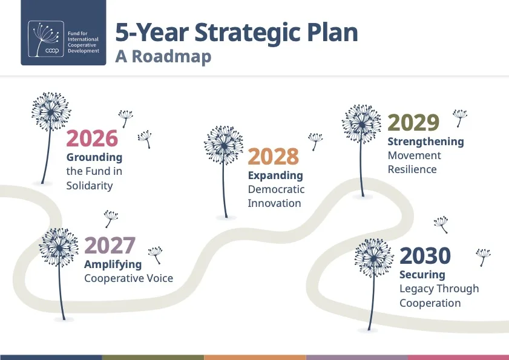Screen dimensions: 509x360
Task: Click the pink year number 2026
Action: pos(92,139)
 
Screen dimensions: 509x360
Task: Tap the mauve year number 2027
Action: pos(110,246)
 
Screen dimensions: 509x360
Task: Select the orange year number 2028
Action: pos(274,157)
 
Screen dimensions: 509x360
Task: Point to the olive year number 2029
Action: pos(413,123)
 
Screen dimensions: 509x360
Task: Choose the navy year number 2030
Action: pos(425,256)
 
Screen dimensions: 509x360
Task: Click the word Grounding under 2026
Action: pos(94,157)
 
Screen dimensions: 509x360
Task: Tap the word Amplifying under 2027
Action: pos(113,264)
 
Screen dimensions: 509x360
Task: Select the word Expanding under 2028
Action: pos(275,175)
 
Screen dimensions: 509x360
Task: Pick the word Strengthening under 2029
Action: pos(426,142)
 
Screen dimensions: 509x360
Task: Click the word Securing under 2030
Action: pos(422,275)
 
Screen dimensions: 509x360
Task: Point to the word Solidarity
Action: pos(90,186)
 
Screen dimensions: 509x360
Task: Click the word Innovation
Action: pos(274,203)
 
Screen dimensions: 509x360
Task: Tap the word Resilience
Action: pos(412,169)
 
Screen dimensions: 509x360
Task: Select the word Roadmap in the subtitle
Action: pos(172,56)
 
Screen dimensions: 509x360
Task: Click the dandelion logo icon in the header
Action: pos(46,39)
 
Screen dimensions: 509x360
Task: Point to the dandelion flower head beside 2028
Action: pos(224,145)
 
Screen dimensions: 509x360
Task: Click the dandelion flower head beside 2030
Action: pos(374,258)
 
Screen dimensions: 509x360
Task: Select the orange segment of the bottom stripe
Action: pos(255,358)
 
